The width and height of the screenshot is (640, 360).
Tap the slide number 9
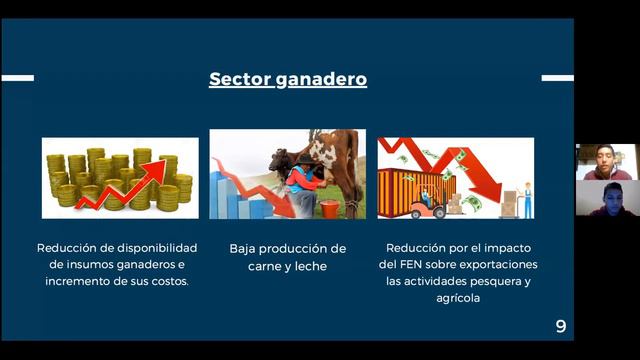[x=561, y=326]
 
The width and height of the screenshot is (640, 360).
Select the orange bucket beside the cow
[x=329, y=209]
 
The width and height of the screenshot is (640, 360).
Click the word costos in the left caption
[x=171, y=281]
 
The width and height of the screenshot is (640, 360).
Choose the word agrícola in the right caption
[x=455, y=297]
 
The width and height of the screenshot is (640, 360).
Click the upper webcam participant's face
[x=603, y=156]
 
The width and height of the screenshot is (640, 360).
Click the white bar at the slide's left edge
[x=17, y=78]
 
